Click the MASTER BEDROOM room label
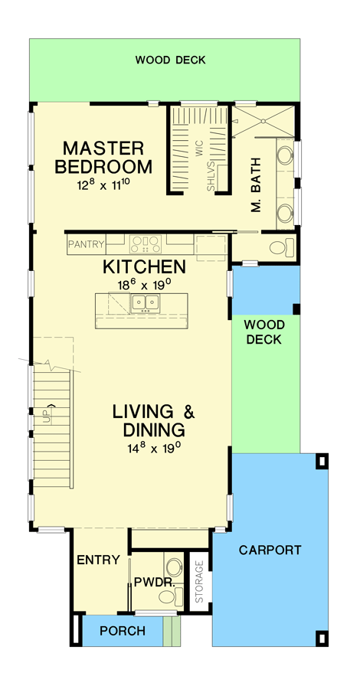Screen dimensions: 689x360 coord(107,157)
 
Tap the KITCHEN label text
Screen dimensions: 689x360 coord(145,267)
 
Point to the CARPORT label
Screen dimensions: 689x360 coord(270,550)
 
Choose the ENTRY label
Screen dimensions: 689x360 coord(99,560)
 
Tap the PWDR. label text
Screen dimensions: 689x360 coord(151,583)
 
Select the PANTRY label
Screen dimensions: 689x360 coord(86,245)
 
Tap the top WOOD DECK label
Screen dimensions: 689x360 coord(170,60)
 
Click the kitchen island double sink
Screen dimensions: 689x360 coord(144,304)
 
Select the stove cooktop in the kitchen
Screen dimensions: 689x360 coord(144,245)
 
